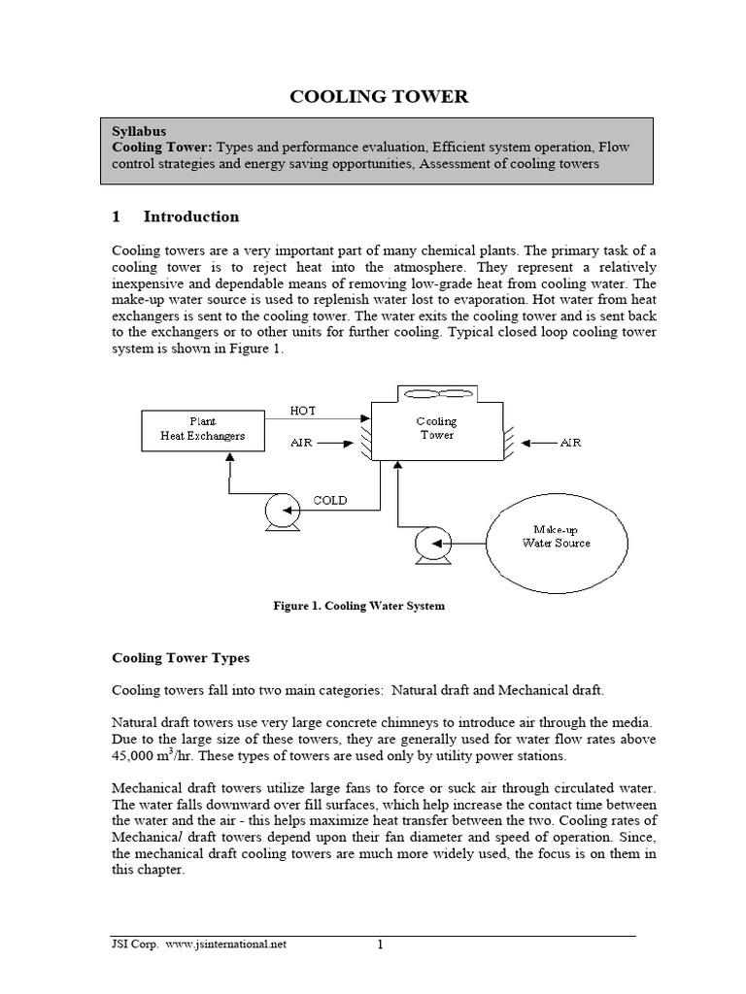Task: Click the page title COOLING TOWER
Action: pos(381,96)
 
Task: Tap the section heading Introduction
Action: pos(190,216)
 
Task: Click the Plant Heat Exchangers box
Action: pos(202,429)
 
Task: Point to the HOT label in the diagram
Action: pos(304,412)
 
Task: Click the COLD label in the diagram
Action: pos(330,501)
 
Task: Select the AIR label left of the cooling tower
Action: pos(303,442)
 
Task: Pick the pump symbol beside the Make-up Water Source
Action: pos(428,545)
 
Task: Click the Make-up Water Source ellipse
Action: pos(561,536)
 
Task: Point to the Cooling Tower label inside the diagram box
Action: pos(436,428)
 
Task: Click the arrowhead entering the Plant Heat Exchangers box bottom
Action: pos(229,461)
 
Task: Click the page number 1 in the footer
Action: pos(381,944)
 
